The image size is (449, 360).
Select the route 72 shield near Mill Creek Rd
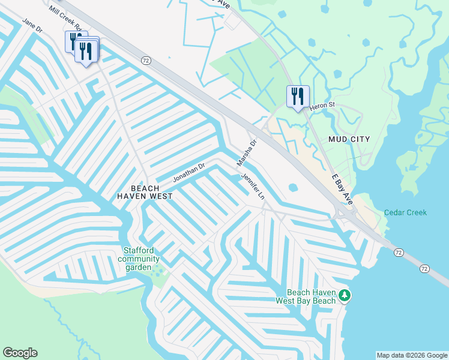(x=145, y=60)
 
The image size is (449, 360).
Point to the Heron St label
(x=321, y=106)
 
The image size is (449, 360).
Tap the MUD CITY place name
(x=349, y=139)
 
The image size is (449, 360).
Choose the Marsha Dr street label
(x=246, y=153)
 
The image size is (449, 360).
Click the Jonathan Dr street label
(x=189, y=173)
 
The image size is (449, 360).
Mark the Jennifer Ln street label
(x=253, y=187)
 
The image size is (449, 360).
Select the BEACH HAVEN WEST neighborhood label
(x=144, y=192)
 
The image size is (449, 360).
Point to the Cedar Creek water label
(x=405, y=212)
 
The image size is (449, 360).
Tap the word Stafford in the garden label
(x=139, y=250)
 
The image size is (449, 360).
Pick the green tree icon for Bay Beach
(x=345, y=295)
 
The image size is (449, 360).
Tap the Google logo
(x=20, y=353)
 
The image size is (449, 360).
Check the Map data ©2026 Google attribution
(x=412, y=355)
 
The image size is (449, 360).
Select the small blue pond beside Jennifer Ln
(x=292, y=187)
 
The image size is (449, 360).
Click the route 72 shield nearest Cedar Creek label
(x=399, y=253)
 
